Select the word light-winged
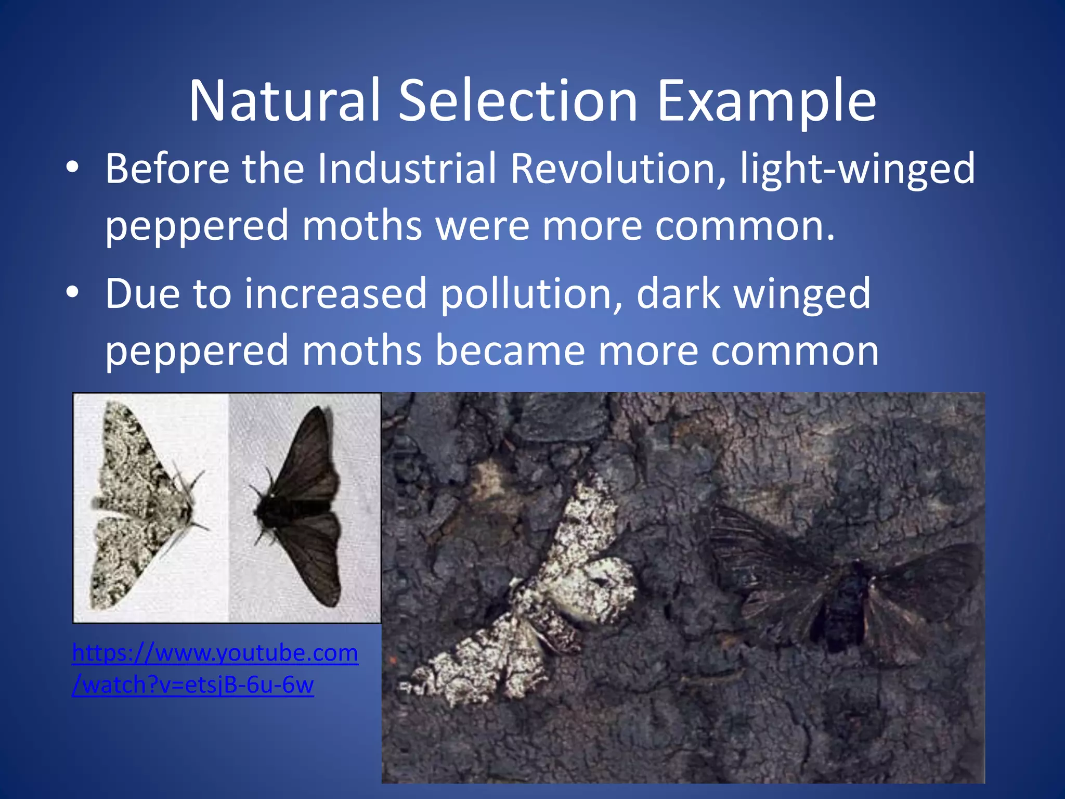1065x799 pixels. [858, 170]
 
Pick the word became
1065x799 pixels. [510, 351]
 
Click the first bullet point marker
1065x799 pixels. [72, 167]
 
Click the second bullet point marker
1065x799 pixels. [72, 292]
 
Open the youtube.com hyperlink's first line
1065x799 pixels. [215, 653]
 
